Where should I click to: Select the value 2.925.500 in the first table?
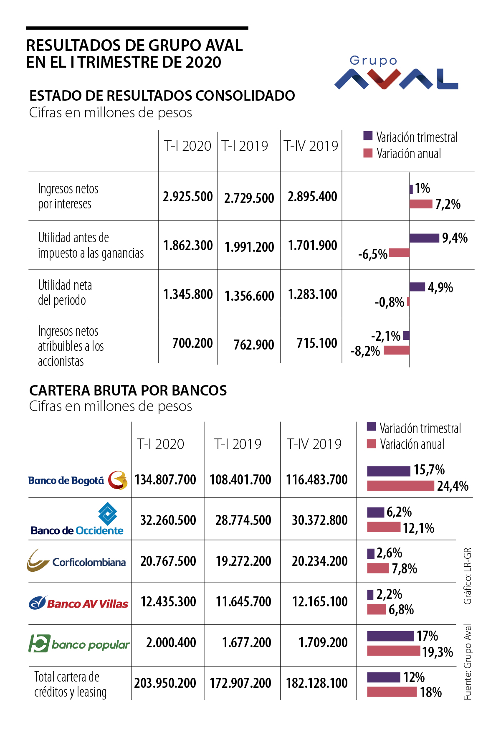(188, 196)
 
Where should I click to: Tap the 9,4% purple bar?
(424, 238)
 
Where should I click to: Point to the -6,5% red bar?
(399, 253)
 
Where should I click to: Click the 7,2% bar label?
(448, 204)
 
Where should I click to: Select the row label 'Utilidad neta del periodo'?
(65, 293)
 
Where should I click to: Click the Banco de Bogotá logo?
(78, 480)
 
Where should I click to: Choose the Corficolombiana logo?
(77, 561)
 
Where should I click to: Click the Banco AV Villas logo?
(78, 603)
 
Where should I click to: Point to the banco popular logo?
(79, 644)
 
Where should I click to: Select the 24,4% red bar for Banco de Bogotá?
(401, 486)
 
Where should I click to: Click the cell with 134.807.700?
(165, 479)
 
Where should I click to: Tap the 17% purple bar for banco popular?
(390, 636)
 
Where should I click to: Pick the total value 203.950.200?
(165, 683)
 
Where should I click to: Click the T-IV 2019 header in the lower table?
(314, 444)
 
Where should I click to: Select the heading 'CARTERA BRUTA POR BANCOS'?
(128, 390)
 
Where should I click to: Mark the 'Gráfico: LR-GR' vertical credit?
(468, 576)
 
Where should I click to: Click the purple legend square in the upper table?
(368, 136)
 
